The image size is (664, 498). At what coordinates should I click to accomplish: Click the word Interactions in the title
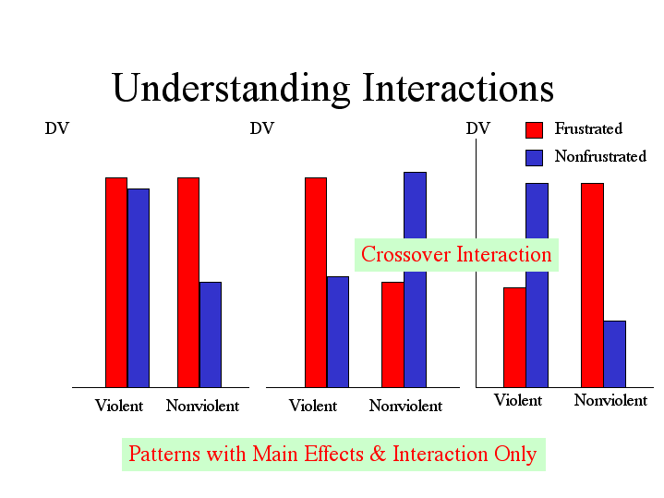pyautogui.click(x=458, y=89)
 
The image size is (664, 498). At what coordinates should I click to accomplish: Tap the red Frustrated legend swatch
pyautogui.click(x=534, y=129)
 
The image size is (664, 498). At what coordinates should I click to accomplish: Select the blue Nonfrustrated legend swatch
pyautogui.click(x=534, y=157)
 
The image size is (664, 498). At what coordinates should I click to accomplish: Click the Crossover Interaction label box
pyautogui.click(x=456, y=254)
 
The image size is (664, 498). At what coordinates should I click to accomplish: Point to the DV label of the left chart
pyautogui.click(x=56, y=129)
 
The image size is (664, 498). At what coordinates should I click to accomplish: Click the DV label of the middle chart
pyautogui.click(x=261, y=129)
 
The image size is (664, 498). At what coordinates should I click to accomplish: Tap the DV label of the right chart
pyautogui.click(x=477, y=129)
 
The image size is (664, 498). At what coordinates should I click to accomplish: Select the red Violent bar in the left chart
pyautogui.click(x=116, y=282)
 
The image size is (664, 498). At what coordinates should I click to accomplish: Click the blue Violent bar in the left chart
pyautogui.click(x=139, y=287)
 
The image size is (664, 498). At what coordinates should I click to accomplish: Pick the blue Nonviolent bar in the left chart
pyautogui.click(x=211, y=334)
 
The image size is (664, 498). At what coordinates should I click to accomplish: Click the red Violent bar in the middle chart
pyautogui.click(x=316, y=282)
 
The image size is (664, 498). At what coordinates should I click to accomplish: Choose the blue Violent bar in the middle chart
pyautogui.click(x=338, y=331)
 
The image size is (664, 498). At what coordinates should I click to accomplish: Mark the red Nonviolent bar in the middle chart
pyautogui.click(x=392, y=334)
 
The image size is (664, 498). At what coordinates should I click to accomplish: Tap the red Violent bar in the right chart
pyautogui.click(x=514, y=336)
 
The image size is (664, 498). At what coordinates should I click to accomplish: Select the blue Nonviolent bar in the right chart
pyautogui.click(x=614, y=353)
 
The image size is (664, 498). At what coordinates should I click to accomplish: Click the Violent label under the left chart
pyautogui.click(x=119, y=406)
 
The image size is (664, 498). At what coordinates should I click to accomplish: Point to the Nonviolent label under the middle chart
pyautogui.click(x=405, y=406)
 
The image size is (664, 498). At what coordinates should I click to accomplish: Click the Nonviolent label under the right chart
pyautogui.click(x=610, y=400)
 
